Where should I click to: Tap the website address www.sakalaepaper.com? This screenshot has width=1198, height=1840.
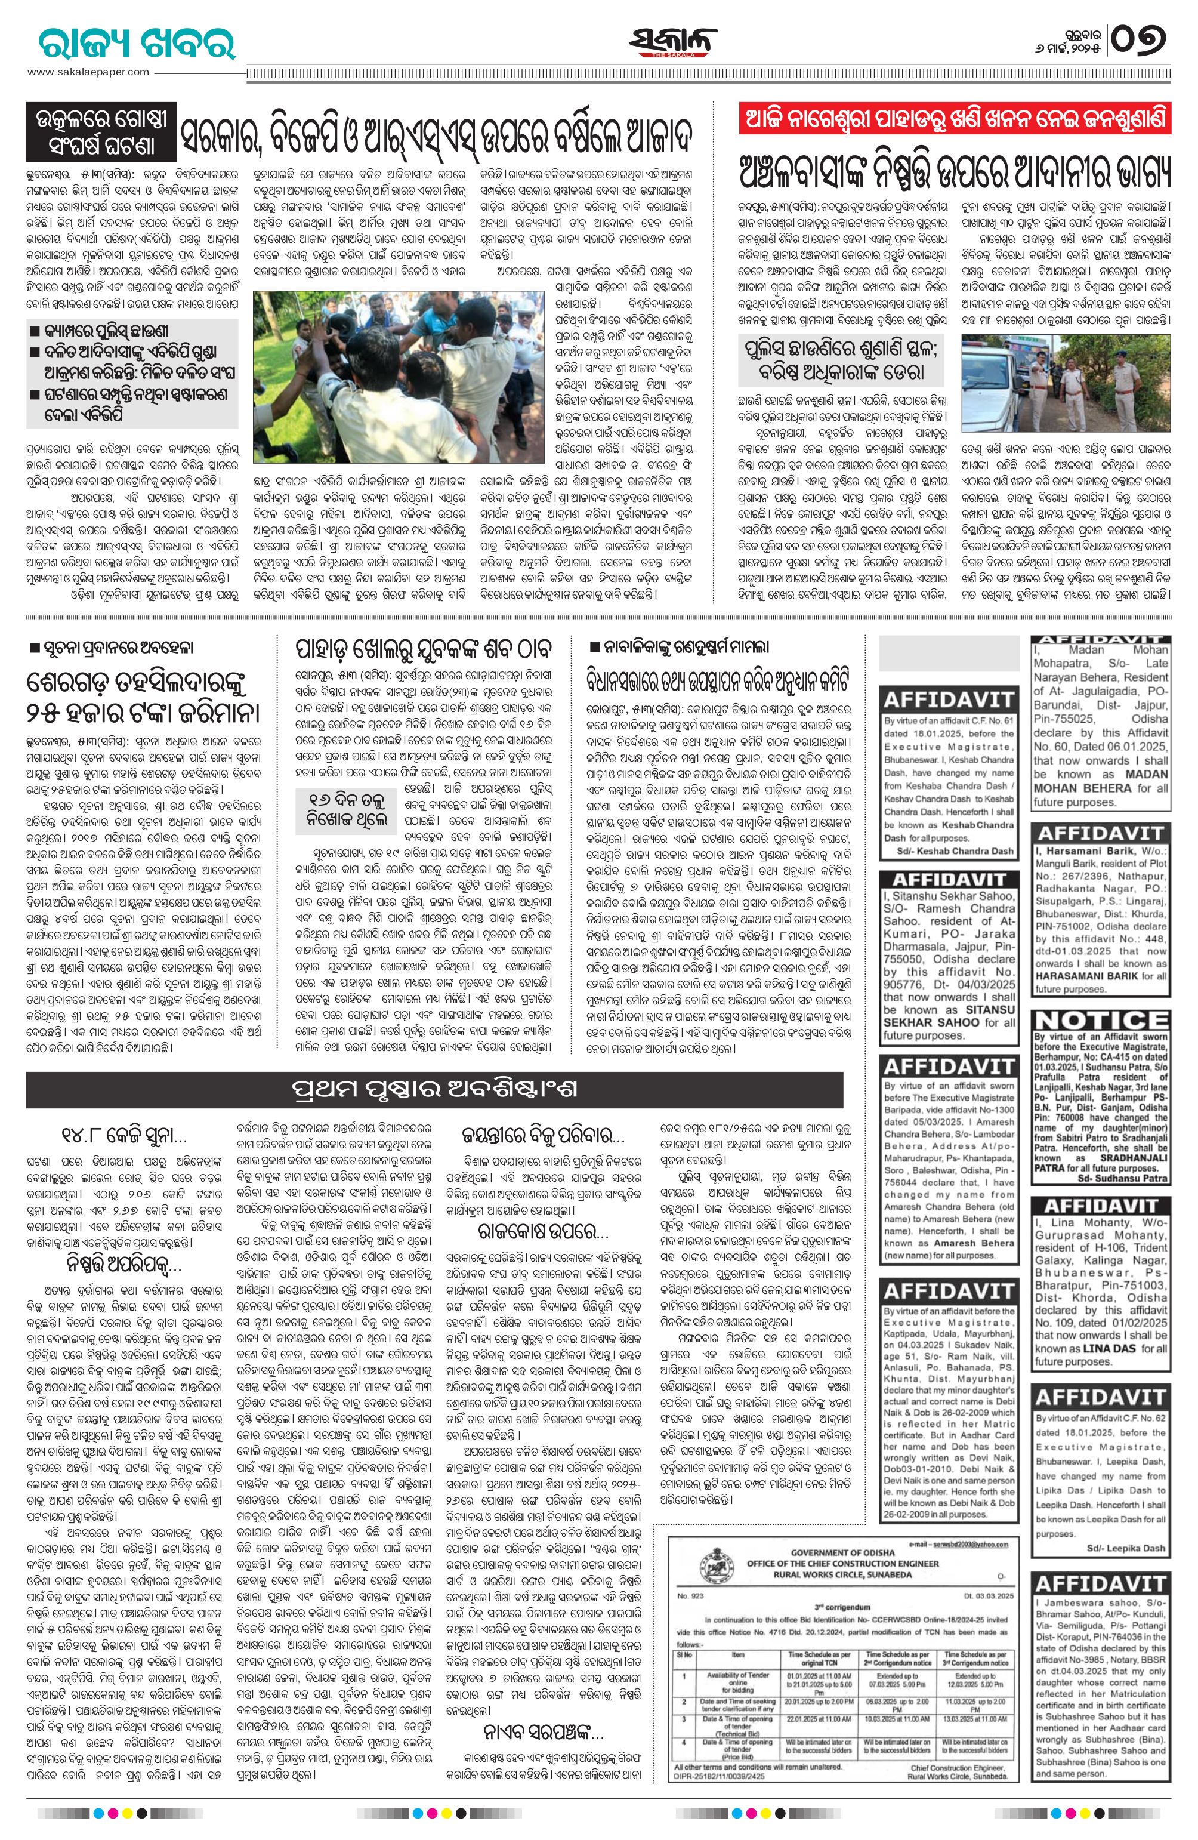pos(89,72)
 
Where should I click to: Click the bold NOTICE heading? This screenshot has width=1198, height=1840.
pos(1101,1019)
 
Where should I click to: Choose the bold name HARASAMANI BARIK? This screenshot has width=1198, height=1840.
pos(1101,976)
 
